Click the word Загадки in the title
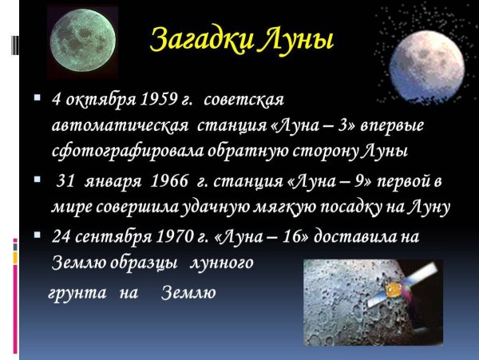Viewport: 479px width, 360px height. coord(202,40)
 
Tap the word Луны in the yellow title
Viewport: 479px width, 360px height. coord(295,39)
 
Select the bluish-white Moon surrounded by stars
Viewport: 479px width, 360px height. coord(427,66)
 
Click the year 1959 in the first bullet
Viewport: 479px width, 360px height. coord(158,99)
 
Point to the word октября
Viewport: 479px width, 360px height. coord(101,100)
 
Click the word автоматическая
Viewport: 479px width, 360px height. coord(120,125)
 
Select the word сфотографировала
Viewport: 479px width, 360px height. coord(128,151)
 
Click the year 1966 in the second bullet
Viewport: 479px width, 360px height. coord(169,180)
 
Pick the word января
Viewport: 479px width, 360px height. coord(113,182)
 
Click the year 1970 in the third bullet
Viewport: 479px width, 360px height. coord(175,236)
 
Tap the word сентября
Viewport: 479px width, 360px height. coord(113,236)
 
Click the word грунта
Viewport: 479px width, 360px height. coord(78,293)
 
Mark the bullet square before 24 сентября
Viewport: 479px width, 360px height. coord(38,235)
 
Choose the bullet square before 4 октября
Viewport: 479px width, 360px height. coord(38,97)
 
